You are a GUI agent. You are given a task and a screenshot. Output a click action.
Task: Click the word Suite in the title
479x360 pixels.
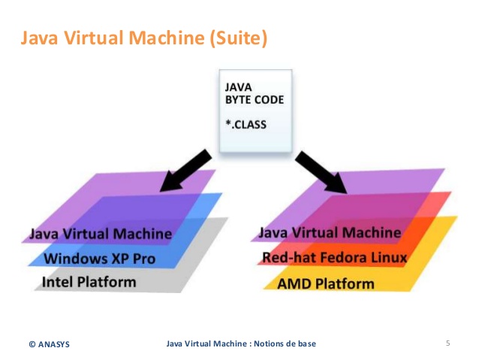238,38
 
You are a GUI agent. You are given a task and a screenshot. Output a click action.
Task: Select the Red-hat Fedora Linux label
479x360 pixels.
335,259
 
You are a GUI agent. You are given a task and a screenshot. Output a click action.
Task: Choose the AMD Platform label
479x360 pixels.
326,284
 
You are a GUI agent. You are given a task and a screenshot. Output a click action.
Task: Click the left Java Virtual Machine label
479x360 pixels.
101,234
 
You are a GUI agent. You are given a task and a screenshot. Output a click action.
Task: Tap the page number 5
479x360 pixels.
447,343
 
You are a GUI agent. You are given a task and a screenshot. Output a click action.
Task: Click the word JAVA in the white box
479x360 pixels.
239,87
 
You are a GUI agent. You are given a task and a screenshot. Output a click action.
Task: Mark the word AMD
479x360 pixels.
295,284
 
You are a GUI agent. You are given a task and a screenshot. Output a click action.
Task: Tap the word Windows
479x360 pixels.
77,259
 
